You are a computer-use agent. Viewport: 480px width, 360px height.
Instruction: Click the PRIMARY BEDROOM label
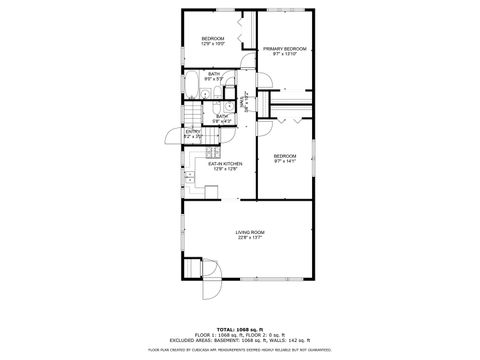tap(284, 48)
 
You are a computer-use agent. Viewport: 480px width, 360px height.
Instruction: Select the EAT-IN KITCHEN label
tap(218, 164)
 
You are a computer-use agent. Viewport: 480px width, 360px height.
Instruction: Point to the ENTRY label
tap(193, 131)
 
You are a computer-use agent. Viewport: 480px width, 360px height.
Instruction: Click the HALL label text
tap(243, 101)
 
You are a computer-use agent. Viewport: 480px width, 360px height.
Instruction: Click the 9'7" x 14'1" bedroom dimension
tap(285, 161)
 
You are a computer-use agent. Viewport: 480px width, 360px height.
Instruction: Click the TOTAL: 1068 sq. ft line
tap(240, 327)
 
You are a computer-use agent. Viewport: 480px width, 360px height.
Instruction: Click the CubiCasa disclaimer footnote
tap(240, 349)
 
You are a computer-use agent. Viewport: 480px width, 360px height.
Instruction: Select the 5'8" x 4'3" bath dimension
tap(222, 121)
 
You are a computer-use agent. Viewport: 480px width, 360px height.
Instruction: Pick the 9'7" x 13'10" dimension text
tap(284, 54)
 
